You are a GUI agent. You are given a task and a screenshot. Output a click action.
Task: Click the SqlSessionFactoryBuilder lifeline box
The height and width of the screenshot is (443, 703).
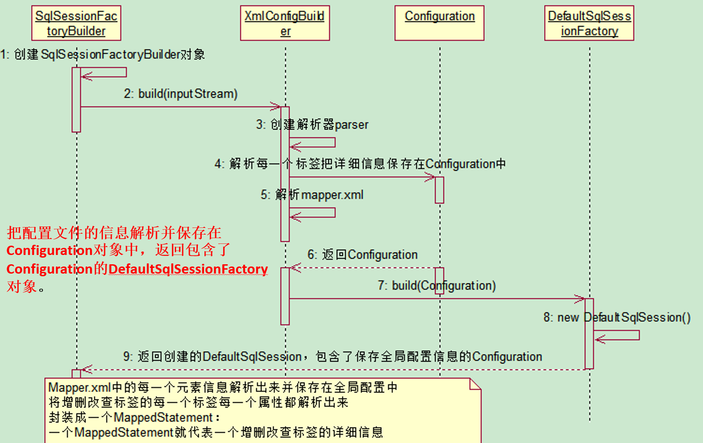pyautogui.click(x=76, y=23)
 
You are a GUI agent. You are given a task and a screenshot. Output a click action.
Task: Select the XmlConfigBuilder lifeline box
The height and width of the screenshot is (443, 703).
pyautogui.click(x=285, y=23)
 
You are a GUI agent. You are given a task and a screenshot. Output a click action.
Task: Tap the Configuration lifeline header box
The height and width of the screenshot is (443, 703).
pyautogui.click(x=439, y=23)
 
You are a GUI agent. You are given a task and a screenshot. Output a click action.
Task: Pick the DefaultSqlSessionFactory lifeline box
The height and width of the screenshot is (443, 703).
pyautogui.click(x=589, y=23)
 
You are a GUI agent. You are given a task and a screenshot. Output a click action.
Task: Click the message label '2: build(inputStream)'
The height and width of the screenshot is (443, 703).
pyautogui.click(x=181, y=94)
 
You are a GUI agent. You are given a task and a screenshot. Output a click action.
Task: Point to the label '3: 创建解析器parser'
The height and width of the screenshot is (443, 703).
pyautogui.click(x=312, y=125)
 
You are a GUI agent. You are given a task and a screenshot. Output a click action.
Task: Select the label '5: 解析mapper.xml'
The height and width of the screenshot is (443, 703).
pyautogui.click(x=312, y=195)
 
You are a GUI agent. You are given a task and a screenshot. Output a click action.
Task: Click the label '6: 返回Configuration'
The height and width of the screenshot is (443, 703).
pyautogui.click(x=362, y=255)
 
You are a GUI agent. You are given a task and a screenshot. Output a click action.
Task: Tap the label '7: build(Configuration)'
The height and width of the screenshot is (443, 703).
pyautogui.click(x=436, y=286)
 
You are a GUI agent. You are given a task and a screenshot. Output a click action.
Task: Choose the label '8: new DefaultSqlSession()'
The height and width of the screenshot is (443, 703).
pyautogui.click(x=617, y=318)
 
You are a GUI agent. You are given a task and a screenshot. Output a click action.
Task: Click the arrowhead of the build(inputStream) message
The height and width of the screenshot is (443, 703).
pyautogui.click(x=276, y=106)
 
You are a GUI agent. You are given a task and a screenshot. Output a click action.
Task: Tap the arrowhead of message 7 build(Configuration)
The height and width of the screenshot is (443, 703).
pyautogui.click(x=580, y=298)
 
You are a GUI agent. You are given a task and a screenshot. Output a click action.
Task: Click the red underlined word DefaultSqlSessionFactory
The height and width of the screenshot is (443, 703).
pyautogui.click(x=188, y=269)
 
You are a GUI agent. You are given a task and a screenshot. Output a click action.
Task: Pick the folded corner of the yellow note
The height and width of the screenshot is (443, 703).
pyautogui.click(x=475, y=384)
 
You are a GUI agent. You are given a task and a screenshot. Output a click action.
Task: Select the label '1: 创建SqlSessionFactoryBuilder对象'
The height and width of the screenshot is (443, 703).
pyautogui.click(x=102, y=55)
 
